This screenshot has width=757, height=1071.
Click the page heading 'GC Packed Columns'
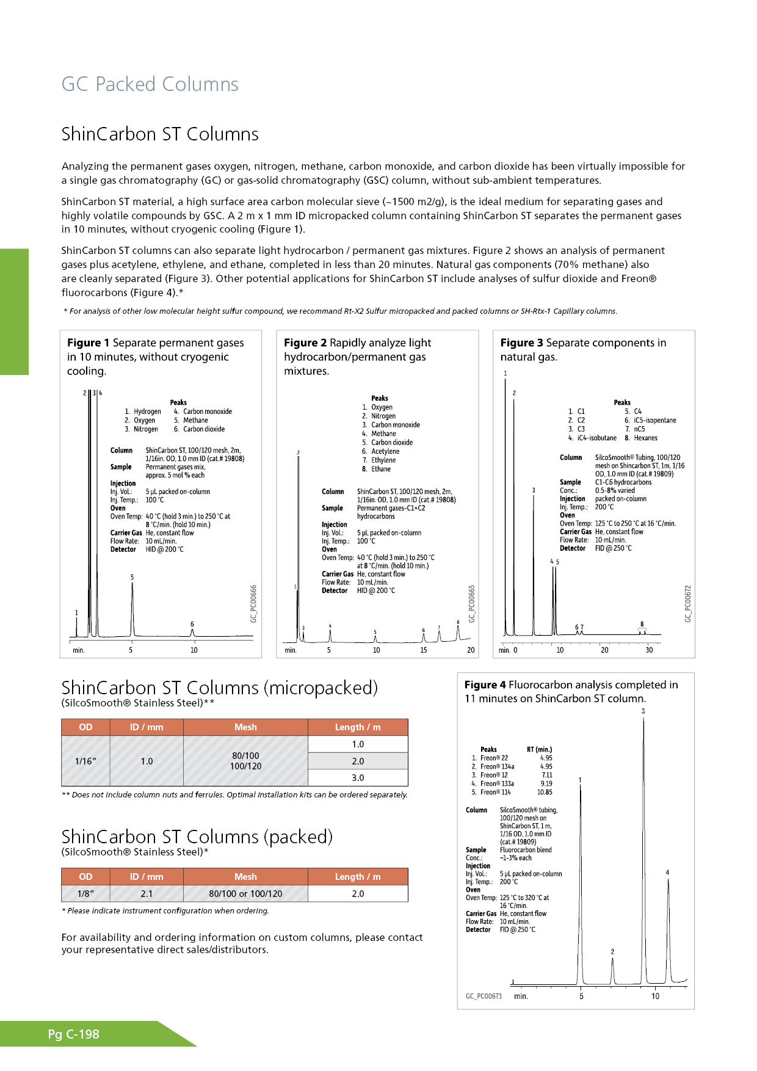(150, 84)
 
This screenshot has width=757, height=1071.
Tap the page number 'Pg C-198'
(74, 1034)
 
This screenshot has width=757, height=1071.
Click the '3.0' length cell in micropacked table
(358, 778)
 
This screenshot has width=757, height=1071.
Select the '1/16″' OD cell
(85, 761)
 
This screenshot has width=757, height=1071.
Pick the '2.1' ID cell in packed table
(147, 893)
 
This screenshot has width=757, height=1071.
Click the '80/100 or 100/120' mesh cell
(245, 893)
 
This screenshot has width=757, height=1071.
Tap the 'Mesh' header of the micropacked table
(245, 727)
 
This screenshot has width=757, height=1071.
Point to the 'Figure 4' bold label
(485, 685)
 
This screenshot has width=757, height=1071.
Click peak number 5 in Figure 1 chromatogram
(132, 578)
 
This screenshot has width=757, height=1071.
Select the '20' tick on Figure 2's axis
(471, 650)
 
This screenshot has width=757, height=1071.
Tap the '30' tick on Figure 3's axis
(649, 650)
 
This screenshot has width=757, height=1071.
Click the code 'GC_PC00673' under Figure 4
(484, 996)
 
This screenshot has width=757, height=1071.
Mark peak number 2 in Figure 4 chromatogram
(612, 952)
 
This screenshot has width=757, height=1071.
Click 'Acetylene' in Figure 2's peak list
(385, 451)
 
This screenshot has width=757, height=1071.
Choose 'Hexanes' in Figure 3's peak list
(645, 438)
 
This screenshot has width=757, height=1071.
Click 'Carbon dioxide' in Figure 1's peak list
(204, 429)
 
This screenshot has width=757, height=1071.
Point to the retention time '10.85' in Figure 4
(545, 792)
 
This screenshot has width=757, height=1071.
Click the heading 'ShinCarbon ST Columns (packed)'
(197, 837)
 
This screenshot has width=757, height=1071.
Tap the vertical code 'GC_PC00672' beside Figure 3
(688, 604)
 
